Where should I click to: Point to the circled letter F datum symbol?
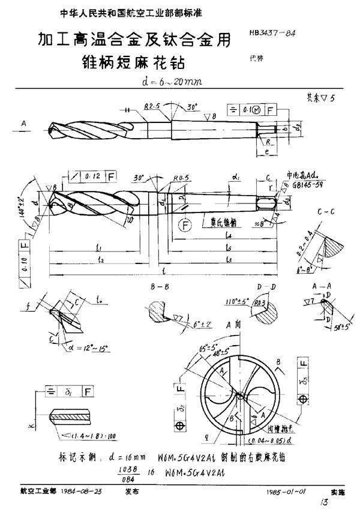[185, 225]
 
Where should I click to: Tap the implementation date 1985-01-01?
[286, 492]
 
